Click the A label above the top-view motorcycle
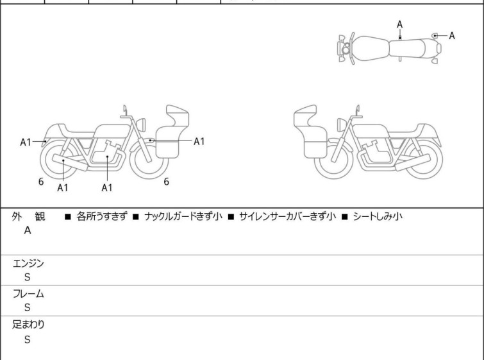click(400, 24)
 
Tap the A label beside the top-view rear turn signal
click(452, 36)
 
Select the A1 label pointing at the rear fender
click(26, 142)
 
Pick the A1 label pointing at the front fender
click(199, 142)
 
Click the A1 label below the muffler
click(63, 187)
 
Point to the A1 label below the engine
click(107, 187)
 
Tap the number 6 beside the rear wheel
click(41, 182)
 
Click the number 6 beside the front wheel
click(167, 182)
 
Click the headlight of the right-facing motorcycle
click(141, 124)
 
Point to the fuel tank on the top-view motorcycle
click(369, 49)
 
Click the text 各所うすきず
click(101, 216)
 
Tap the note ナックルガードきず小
click(183, 216)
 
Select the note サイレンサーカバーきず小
click(287, 216)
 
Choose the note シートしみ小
click(378, 216)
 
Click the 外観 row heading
click(28, 216)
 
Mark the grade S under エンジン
click(28, 277)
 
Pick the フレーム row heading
click(28, 293)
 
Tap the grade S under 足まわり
click(28, 339)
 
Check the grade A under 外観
click(28, 230)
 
